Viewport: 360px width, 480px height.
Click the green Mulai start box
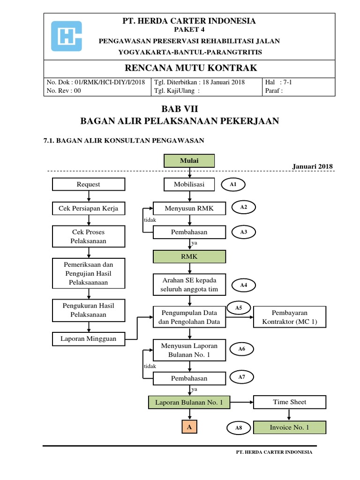coord(189,161)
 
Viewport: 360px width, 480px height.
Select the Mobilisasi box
coord(189,184)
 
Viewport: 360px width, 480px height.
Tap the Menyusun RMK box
coord(189,208)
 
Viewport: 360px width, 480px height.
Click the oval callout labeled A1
coord(233,185)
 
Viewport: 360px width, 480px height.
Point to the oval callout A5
coord(239,307)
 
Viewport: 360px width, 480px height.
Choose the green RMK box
coord(189,256)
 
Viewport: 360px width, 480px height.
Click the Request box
coord(88,184)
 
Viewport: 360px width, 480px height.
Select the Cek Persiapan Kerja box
coord(88,208)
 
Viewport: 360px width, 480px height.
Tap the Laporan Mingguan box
coord(88,337)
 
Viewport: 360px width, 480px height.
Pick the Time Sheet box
coord(289,402)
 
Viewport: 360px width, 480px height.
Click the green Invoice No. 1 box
coord(289,427)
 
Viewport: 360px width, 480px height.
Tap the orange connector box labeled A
coord(189,427)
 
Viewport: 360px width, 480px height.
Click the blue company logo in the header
coord(67,36)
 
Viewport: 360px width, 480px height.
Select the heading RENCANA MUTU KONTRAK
coord(189,68)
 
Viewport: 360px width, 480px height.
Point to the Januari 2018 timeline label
coord(312,167)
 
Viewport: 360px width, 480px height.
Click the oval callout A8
coord(239,427)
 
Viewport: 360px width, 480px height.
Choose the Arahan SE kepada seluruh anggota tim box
coord(189,285)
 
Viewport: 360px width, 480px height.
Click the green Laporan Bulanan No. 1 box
coord(189,402)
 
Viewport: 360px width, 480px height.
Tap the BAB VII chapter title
coord(180,109)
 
